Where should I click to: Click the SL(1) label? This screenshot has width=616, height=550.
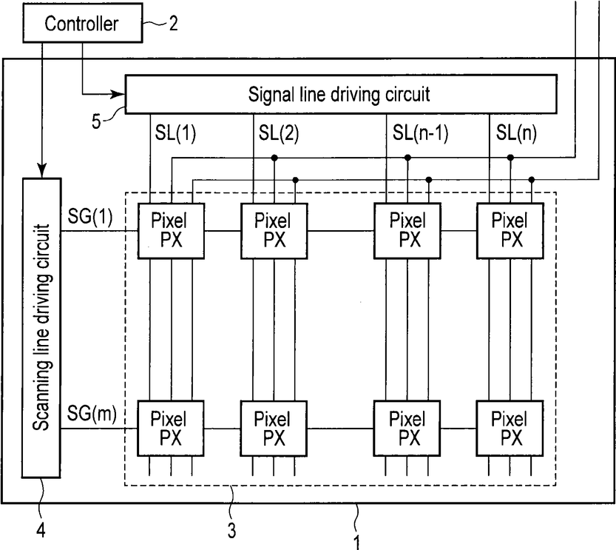coord(175,133)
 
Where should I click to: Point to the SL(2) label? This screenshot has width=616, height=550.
coord(279,133)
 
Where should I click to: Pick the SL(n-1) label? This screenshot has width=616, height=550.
coord(420,133)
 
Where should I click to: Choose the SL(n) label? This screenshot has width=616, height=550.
coord(516,133)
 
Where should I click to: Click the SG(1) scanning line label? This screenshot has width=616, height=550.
coord(90,216)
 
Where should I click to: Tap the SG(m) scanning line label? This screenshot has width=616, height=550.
coord(92,414)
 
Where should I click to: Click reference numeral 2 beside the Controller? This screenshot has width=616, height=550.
coord(173,24)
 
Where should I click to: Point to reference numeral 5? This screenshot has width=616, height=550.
coord(96,121)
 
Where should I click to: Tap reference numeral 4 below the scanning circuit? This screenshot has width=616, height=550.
coord(41,530)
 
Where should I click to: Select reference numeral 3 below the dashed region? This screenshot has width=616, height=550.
coord(231,530)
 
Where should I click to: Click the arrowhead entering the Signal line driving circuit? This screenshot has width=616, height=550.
coord(118,94)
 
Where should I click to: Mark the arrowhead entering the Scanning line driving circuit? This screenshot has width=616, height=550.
coord(41,170)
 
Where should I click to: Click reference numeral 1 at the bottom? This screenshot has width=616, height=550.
coord(356,543)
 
